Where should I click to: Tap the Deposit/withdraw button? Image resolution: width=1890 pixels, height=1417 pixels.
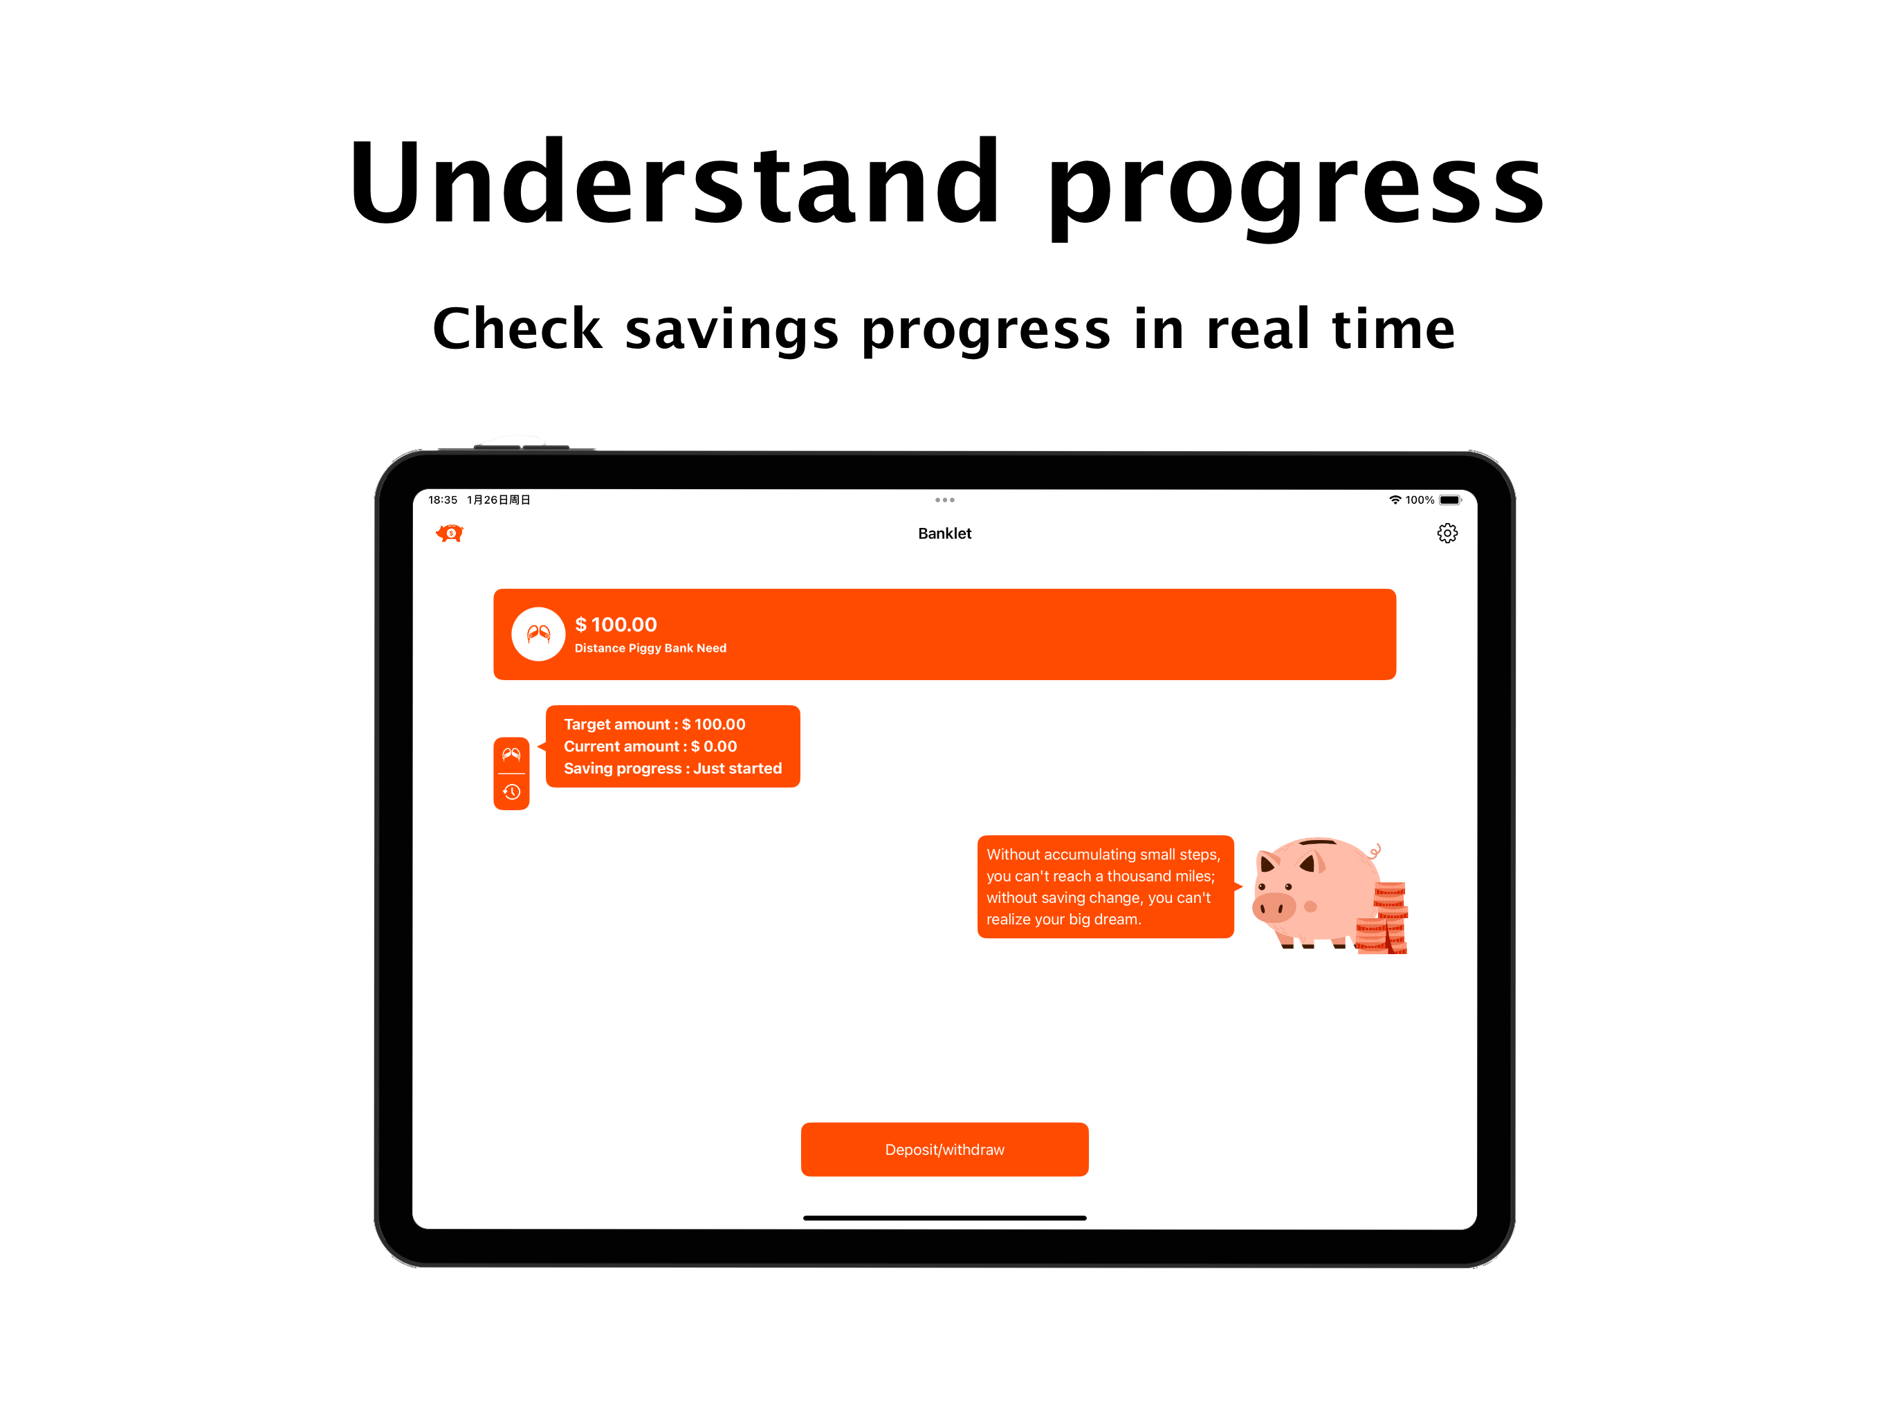(x=944, y=1149)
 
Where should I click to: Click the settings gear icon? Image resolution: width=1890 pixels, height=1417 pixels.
(x=1447, y=533)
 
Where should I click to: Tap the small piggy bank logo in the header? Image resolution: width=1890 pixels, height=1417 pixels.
(x=450, y=533)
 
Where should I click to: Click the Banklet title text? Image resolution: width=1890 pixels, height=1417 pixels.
(x=944, y=533)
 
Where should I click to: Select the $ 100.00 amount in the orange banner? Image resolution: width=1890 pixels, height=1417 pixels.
(x=615, y=625)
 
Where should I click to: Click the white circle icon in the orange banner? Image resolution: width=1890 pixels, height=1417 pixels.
(x=538, y=634)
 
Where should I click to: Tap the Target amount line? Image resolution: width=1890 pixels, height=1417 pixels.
(x=654, y=724)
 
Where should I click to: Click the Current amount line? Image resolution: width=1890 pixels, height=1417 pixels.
(x=650, y=746)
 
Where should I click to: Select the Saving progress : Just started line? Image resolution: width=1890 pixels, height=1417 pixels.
(x=672, y=768)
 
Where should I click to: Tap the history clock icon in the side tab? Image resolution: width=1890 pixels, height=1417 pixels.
(x=512, y=792)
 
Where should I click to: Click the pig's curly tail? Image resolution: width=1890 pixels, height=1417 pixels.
(x=1375, y=851)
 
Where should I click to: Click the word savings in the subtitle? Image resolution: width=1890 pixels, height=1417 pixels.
(x=731, y=329)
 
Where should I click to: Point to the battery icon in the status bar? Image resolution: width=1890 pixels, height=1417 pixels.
(x=1450, y=500)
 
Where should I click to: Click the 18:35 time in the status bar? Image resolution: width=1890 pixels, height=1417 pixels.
(x=443, y=500)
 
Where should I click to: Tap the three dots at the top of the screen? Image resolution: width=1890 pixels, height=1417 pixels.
(x=944, y=500)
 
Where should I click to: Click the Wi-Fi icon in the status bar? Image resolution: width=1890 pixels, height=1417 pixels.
(x=1395, y=500)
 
